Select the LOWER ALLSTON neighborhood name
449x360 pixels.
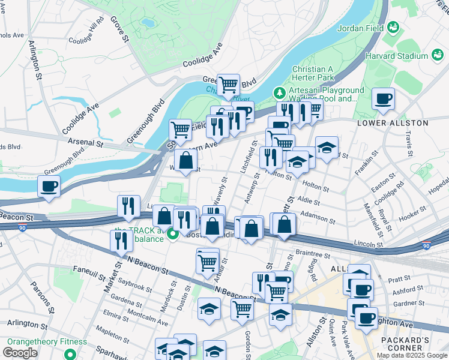pos(393,122)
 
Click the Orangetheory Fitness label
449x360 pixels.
pos(47,341)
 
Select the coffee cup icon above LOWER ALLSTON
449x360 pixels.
pos(383,98)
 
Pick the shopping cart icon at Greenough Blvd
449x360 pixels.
pos(228,84)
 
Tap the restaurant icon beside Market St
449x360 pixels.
pos(122,239)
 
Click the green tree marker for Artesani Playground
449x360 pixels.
pos(279,93)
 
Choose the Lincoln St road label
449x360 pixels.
pos(368,244)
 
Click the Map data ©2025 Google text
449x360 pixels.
pos(412,355)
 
